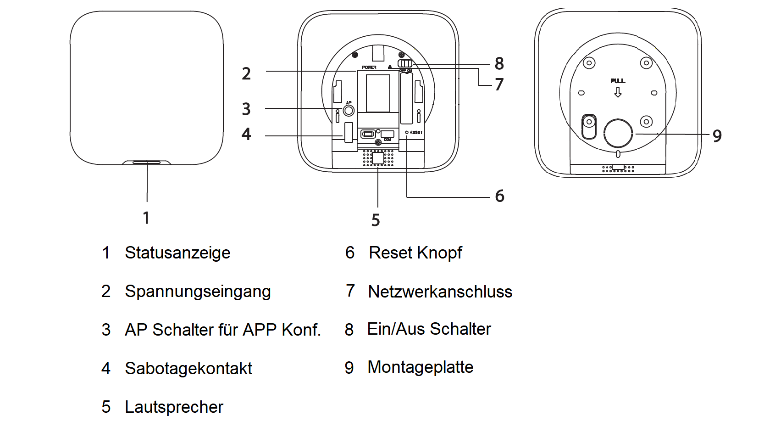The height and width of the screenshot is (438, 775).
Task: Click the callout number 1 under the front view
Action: (x=146, y=218)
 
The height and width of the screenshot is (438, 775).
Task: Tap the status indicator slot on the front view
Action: (x=147, y=162)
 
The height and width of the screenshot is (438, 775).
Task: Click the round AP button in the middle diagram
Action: (x=349, y=111)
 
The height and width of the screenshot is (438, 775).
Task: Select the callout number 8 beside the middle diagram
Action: (x=499, y=63)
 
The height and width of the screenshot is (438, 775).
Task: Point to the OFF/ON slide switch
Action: (x=405, y=63)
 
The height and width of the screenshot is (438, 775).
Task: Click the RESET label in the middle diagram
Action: (x=416, y=132)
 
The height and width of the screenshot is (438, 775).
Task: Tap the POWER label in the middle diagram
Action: (x=369, y=67)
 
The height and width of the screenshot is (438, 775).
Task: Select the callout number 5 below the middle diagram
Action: (x=376, y=220)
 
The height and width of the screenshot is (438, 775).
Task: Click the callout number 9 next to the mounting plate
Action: (x=717, y=136)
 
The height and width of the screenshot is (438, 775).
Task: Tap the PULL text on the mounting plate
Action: (x=618, y=81)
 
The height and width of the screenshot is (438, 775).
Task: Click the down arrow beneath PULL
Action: (x=618, y=93)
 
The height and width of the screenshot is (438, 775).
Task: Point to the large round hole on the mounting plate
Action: (x=618, y=133)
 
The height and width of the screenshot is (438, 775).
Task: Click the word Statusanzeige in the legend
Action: (x=177, y=253)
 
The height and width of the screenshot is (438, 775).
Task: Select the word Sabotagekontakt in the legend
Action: (x=188, y=368)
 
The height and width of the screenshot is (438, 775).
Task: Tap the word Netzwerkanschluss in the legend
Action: (x=440, y=292)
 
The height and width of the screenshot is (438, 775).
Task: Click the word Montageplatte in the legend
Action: (x=420, y=367)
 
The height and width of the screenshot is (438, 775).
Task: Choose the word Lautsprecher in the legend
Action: (x=174, y=407)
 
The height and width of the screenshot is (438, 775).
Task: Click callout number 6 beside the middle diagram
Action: (x=499, y=196)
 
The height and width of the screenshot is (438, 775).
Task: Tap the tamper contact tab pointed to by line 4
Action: (x=349, y=132)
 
